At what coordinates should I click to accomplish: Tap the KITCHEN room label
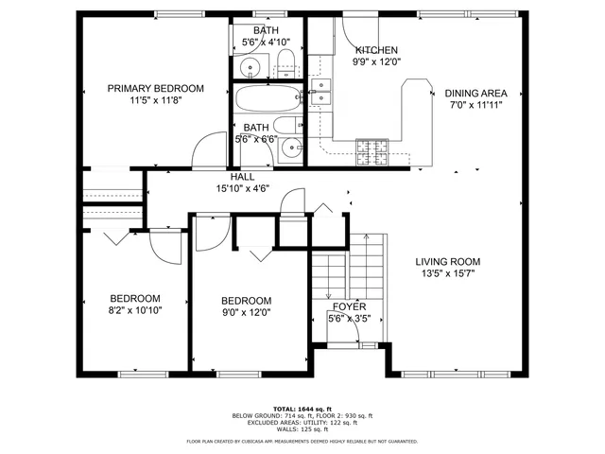point(376,50)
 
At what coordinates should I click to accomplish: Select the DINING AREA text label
point(476,93)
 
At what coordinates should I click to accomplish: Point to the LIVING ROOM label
point(448,262)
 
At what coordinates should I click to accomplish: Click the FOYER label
point(349,307)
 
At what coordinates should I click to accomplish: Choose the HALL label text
point(242,177)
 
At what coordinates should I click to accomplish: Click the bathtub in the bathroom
point(266,100)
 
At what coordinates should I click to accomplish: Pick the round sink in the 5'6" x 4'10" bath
point(251,68)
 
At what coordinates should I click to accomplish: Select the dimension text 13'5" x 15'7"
point(448,274)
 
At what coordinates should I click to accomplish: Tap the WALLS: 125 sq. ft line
point(302,430)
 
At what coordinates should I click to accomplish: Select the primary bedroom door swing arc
point(206,151)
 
